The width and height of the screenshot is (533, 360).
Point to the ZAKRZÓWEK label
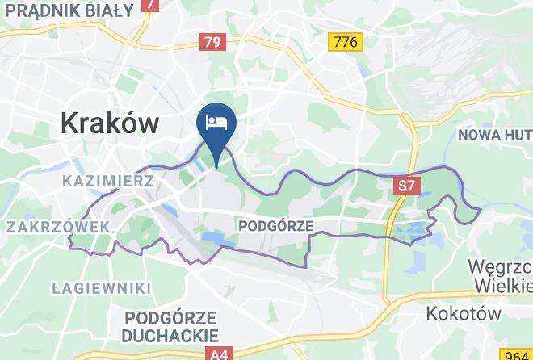tap(57, 228)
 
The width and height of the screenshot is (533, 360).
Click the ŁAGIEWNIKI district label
tap(101, 288)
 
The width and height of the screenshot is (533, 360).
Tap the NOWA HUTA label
tap(495, 134)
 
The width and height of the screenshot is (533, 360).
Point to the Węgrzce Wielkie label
tap(500, 275)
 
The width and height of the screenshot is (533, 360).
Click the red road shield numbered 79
tap(212, 41)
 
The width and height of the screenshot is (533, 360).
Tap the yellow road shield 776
tap(345, 41)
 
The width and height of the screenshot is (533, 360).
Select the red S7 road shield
tap(408, 186)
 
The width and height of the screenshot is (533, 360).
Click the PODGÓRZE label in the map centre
tap(276, 226)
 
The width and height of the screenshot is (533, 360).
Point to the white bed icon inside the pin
tap(216, 123)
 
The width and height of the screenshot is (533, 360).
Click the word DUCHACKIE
tap(171, 335)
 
